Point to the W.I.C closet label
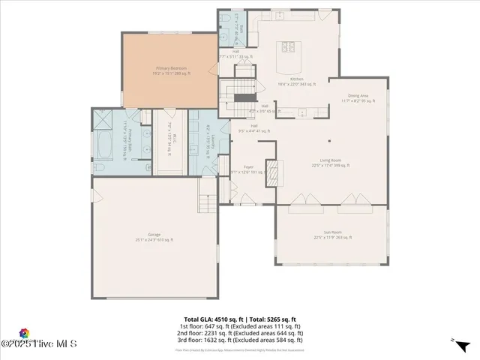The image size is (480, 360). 169,141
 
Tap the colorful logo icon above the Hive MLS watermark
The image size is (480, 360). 24,333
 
